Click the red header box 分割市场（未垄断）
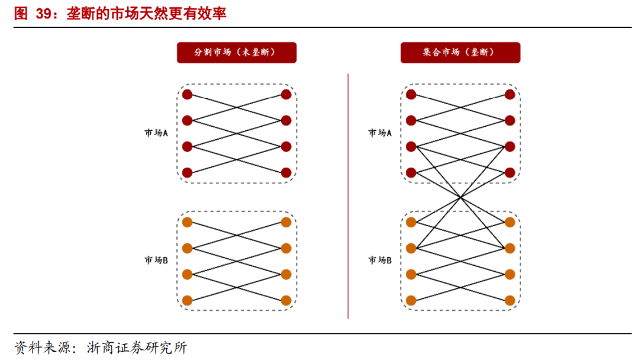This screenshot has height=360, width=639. click(x=236, y=53)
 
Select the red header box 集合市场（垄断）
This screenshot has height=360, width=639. click(x=460, y=53)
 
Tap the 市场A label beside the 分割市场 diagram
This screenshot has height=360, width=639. click(x=156, y=133)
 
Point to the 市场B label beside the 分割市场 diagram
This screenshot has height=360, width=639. click(x=156, y=260)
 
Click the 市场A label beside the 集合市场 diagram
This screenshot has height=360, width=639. click(x=380, y=133)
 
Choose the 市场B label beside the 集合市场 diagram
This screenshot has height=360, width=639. click(x=380, y=260)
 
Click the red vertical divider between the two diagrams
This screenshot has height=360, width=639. click(x=348, y=195)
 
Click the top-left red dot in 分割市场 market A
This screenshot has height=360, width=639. click(x=188, y=95)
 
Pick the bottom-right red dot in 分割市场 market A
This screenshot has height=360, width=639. click(x=286, y=173)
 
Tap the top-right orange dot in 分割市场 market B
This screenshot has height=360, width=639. click(x=286, y=222)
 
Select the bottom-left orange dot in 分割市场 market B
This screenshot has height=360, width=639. click(x=188, y=300)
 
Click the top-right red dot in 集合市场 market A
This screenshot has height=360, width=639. click(x=510, y=95)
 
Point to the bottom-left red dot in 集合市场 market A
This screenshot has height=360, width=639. click(x=411, y=173)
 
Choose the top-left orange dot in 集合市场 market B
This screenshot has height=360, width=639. click(x=411, y=222)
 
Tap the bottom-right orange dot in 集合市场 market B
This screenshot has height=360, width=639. click(x=510, y=300)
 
